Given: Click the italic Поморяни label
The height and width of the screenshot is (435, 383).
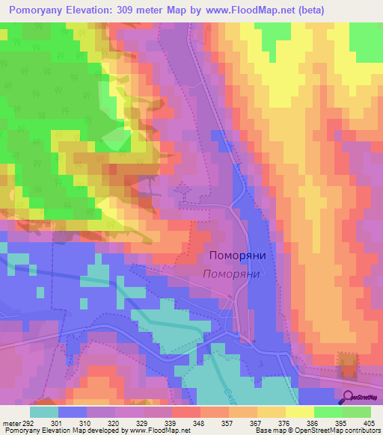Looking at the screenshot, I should (231, 274).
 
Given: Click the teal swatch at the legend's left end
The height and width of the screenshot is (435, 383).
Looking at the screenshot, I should (43, 411).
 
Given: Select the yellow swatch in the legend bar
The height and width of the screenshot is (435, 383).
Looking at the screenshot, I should (299, 411).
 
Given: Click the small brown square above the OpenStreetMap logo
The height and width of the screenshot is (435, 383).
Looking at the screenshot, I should (346, 365).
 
